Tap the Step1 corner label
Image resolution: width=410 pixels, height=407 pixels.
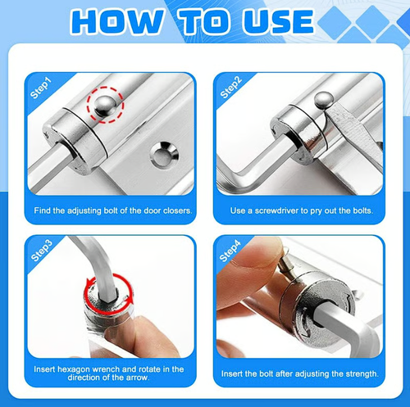point(40,87)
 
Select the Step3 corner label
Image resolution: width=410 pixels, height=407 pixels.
point(40,250)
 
